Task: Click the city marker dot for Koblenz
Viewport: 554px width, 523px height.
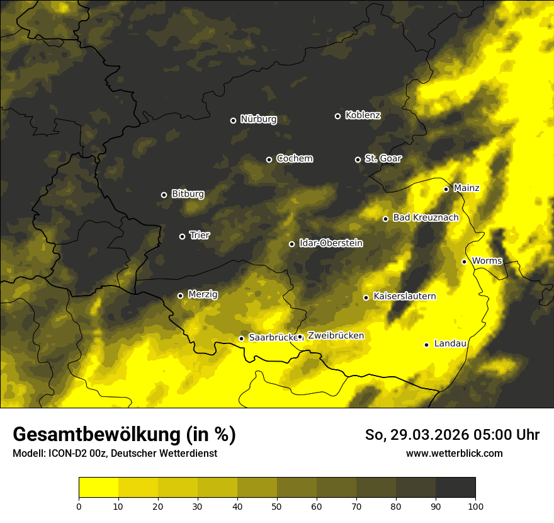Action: coord(337,116)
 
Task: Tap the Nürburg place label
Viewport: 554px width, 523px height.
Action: coord(258,120)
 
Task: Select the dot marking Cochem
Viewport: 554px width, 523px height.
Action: coord(269,159)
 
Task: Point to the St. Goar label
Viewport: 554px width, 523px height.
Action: coord(383,159)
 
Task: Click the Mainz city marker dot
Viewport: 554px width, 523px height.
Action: coord(446,189)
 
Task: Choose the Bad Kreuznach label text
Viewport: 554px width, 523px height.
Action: coord(426,218)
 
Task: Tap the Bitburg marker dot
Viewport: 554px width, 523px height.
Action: coord(164,195)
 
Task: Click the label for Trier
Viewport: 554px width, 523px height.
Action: coord(200,236)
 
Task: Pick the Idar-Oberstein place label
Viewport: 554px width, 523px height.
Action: coord(331,243)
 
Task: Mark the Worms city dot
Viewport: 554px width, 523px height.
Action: coord(464,261)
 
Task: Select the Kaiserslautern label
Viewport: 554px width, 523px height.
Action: coord(404,296)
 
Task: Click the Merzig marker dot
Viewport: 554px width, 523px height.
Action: coord(180,296)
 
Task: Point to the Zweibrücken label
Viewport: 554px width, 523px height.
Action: coord(336,336)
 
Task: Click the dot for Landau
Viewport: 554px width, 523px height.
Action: coord(426,345)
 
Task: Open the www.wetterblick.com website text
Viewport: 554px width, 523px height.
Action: coord(454,453)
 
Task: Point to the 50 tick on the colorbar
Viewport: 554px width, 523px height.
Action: coord(277,505)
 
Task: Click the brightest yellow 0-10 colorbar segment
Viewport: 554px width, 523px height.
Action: coord(98,487)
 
